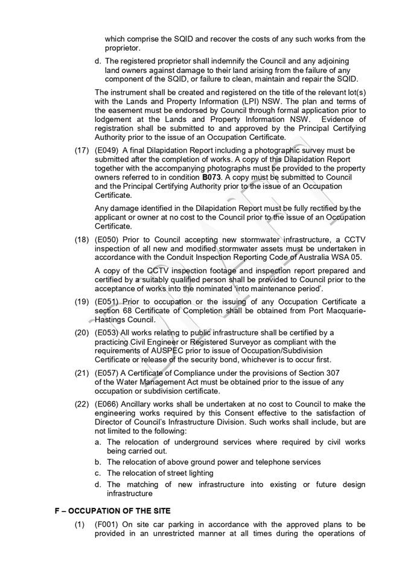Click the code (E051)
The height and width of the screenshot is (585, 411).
coord(107,301)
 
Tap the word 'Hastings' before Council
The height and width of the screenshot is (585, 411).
coord(112,319)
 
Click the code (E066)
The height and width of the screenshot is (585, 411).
coord(107,403)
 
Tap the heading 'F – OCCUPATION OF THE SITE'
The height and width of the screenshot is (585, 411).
coord(112,511)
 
